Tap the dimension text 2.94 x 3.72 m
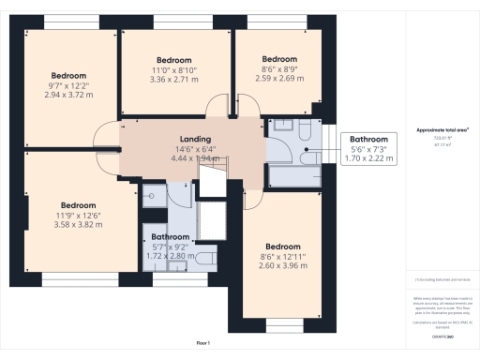point(68,95)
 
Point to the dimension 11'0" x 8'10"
point(174,69)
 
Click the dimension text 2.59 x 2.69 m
point(279,79)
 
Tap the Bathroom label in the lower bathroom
point(172,237)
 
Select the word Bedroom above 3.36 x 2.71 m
point(174,58)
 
